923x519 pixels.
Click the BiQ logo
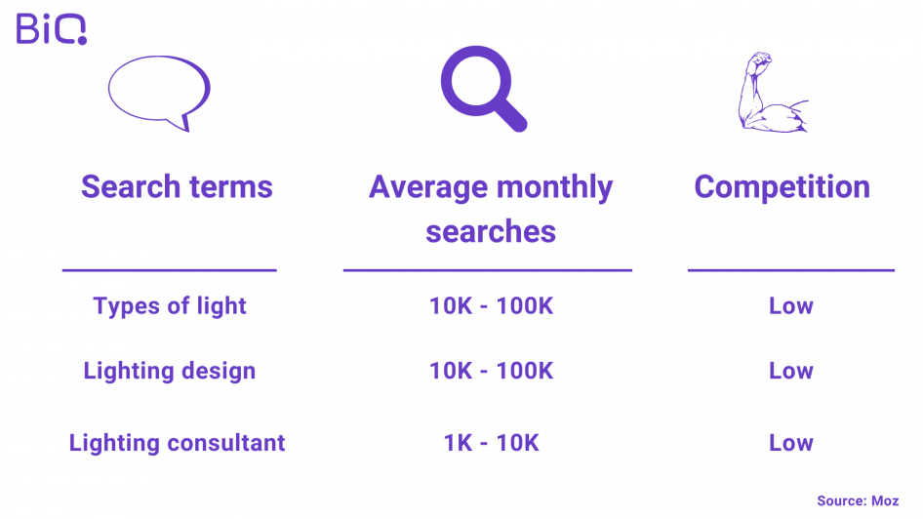pos(51,29)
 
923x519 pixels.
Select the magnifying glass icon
pos(483,88)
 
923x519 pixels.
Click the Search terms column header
pos(177,186)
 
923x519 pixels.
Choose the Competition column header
pos(782,187)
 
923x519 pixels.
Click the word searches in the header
pos(491,231)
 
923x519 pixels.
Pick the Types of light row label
pos(170,306)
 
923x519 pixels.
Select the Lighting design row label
pos(170,371)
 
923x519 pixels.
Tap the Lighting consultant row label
pos(177,443)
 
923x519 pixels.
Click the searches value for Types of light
pos(491,306)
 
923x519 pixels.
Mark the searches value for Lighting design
pos(491,371)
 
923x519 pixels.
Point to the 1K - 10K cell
pos(491,443)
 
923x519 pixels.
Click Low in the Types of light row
pos(790,306)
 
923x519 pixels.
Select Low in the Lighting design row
pos(790,371)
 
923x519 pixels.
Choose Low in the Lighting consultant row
pos(790,443)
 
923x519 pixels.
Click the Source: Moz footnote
pos(858,500)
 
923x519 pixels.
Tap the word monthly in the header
pos(554,187)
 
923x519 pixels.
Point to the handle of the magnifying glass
pos(510,115)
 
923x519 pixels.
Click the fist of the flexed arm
pos(759,60)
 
